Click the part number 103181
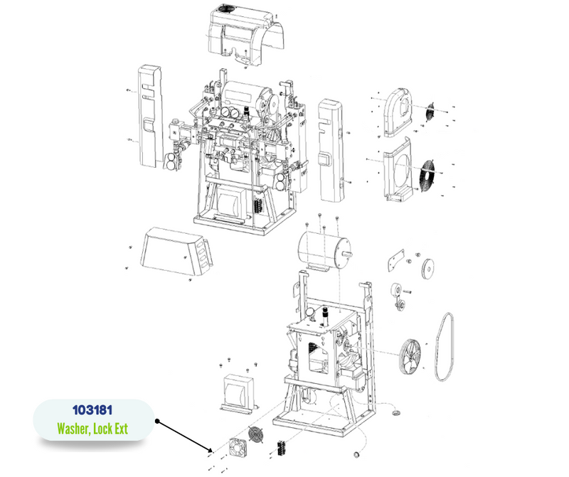[92, 410]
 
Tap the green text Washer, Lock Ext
[92, 429]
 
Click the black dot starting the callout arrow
[157, 421]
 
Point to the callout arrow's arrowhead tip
[212, 451]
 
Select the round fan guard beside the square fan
[256, 434]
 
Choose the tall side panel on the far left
[150, 116]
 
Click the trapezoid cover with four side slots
[175, 252]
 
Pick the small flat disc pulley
[428, 269]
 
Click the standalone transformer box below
[239, 394]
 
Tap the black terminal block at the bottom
[282, 449]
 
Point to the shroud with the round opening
[398, 169]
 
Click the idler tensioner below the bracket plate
[398, 296]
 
